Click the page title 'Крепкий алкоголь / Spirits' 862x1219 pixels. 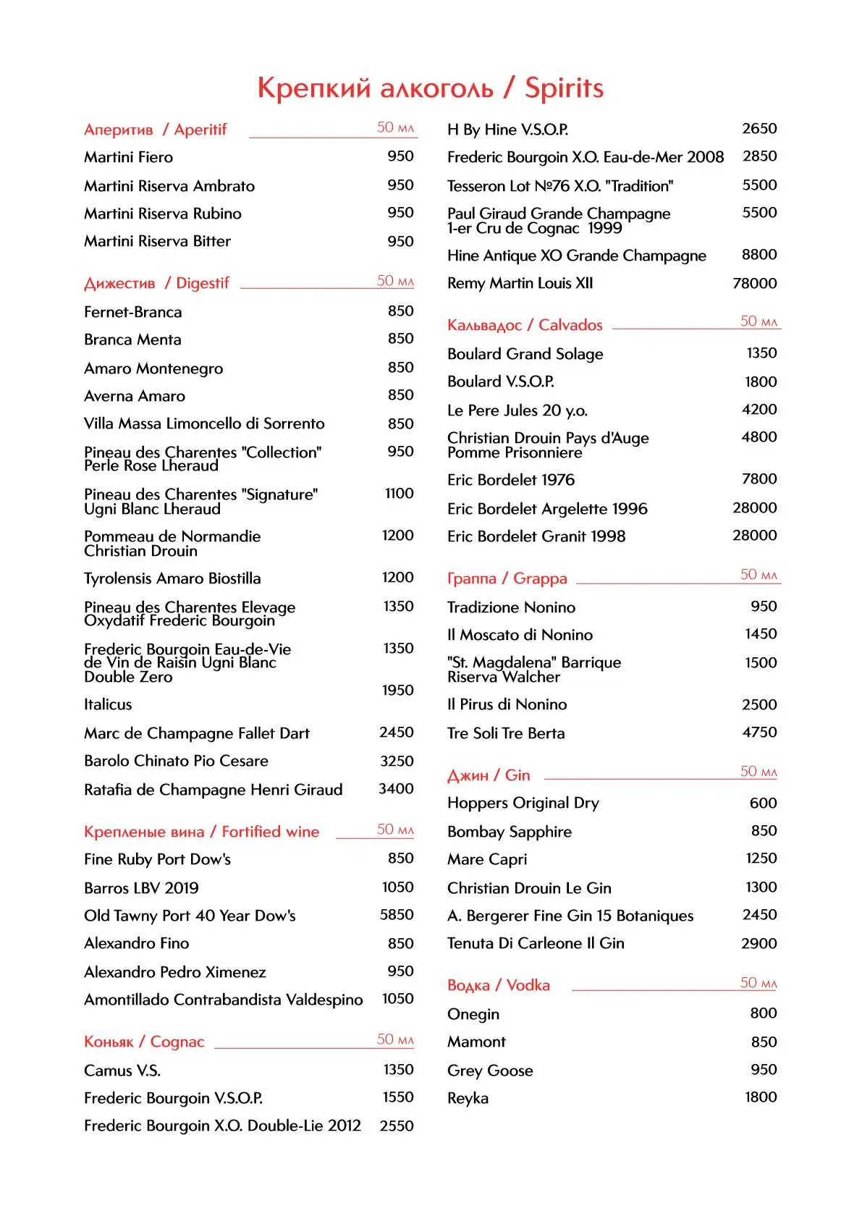430,88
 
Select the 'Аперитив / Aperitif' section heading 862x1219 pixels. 155,130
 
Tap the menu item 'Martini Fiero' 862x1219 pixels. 128,157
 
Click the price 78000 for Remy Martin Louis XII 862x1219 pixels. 754,283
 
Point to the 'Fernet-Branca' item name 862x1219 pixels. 132,312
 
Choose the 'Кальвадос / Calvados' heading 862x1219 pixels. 524,325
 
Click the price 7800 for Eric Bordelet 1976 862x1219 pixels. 759,479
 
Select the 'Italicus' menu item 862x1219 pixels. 108,704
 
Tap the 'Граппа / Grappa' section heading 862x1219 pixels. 507,578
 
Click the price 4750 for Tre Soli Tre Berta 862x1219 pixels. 759,733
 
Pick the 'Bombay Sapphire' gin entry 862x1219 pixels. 509,832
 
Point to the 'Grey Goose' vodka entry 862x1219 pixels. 489,1071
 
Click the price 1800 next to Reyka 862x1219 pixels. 760,1097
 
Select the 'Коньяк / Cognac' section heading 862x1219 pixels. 144,1042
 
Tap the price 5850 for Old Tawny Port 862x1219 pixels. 397,915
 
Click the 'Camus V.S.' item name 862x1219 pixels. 122,1071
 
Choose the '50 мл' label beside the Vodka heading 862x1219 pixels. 758,982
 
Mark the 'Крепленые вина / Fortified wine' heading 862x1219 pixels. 201,832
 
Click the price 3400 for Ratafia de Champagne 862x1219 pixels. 396,789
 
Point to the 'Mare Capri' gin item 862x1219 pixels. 486,859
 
